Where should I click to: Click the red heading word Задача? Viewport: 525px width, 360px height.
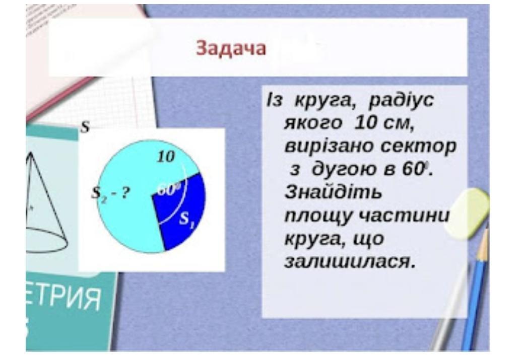[x=231, y=48]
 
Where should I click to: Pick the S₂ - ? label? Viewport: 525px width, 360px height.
[x=110, y=194]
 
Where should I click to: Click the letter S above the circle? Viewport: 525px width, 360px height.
[x=85, y=127]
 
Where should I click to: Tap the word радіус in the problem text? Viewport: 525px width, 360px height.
[x=401, y=100]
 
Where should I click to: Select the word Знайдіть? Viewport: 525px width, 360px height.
[x=333, y=193]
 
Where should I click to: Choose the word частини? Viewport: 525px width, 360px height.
[x=404, y=216]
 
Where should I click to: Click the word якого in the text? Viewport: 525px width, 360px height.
[x=313, y=123]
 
